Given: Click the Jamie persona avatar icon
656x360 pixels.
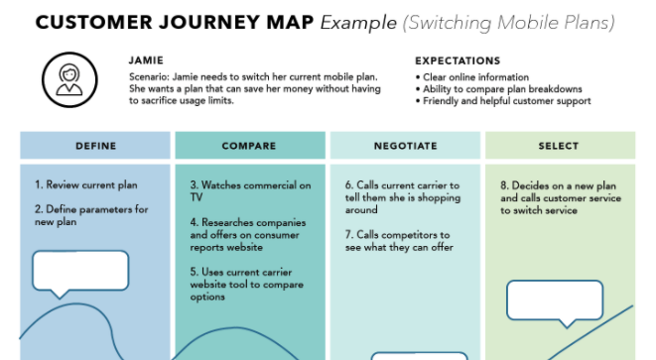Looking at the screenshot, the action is click(69, 79).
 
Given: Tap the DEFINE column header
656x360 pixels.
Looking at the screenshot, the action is click(95, 146).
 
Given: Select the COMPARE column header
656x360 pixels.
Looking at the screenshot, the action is click(250, 146).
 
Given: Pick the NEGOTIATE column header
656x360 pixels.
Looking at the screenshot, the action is click(405, 146).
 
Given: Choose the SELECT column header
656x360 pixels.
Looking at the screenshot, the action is click(560, 146).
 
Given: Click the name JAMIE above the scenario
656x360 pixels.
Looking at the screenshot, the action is click(146, 60).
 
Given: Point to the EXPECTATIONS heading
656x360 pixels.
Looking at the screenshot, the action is click(458, 61).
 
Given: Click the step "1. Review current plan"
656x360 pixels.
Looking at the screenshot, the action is click(86, 184).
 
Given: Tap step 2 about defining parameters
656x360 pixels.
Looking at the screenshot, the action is click(91, 215).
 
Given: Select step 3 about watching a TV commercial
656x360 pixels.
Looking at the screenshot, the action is click(251, 191).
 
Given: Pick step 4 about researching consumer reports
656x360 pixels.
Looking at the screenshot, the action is click(248, 235).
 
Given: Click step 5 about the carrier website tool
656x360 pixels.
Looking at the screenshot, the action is click(247, 285).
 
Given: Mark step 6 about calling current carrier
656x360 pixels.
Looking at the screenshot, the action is click(403, 197).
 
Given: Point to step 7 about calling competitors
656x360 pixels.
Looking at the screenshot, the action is click(399, 241).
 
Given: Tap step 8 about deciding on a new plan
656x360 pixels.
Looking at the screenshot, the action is click(561, 197).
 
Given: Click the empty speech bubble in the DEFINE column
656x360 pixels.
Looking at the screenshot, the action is click(80, 271).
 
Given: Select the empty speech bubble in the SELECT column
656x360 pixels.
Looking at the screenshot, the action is click(555, 301).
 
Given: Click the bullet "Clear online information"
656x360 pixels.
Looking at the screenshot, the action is click(472, 77).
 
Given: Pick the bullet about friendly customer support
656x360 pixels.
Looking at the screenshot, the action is click(503, 101).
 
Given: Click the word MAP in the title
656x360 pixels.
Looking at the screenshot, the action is click(290, 23).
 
